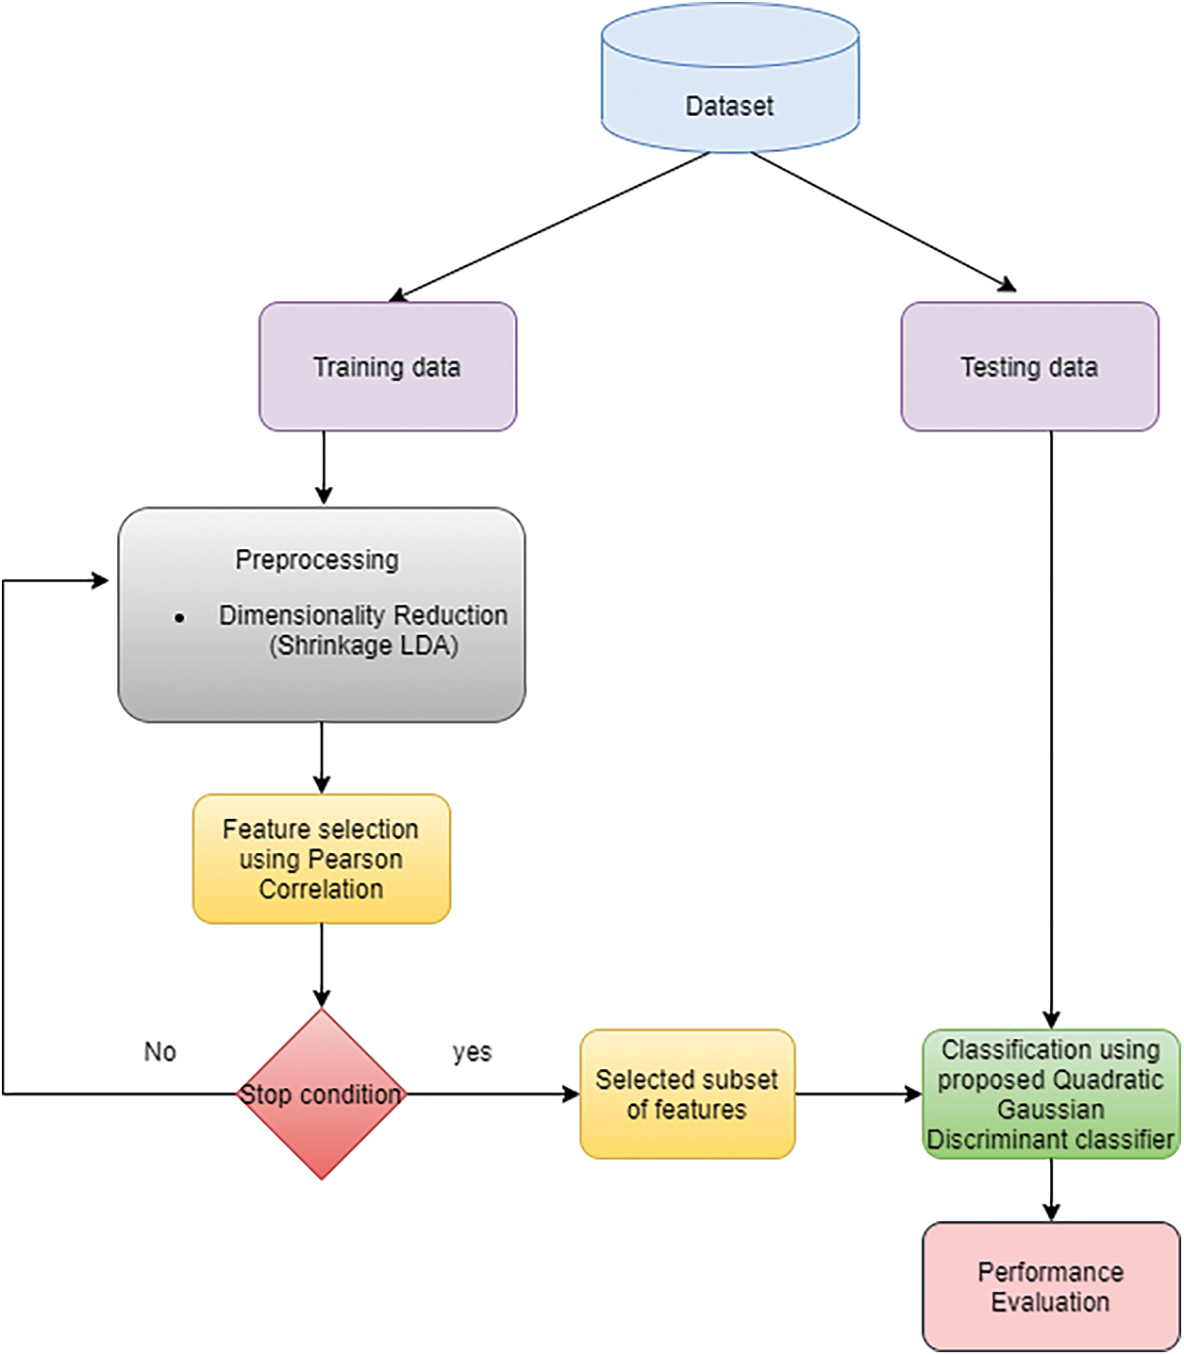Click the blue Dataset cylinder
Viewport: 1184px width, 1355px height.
(730, 85)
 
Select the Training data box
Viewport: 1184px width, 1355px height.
(388, 367)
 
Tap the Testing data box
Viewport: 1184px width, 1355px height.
(1029, 367)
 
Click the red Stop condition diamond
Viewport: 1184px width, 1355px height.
(322, 1095)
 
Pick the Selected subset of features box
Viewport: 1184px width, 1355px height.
(687, 1095)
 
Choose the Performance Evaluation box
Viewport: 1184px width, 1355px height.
(1050, 1287)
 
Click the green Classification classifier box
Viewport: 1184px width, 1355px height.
(1050, 1095)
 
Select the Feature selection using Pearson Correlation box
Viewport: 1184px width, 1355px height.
(322, 859)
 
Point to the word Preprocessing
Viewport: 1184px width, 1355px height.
(317, 560)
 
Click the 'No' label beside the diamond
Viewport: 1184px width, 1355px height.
(159, 1051)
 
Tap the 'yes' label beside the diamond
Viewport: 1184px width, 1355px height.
(472, 1051)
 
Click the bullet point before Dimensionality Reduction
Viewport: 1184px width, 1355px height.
(179, 618)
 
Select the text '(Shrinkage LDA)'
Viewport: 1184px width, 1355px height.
(363, 645)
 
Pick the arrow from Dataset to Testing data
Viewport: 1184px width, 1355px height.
(883, 221)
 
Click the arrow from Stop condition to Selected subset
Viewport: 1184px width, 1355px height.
(491, 1095)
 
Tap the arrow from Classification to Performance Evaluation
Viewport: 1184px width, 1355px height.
(1051, 1190)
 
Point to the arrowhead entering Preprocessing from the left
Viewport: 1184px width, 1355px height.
(100, 580)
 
